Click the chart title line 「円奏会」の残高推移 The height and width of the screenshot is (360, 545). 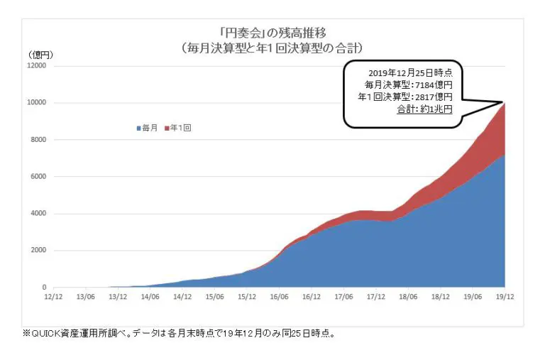click(273, 33)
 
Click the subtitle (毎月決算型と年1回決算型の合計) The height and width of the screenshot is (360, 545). click(273, 48)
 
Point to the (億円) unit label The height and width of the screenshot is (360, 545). click(40, 55)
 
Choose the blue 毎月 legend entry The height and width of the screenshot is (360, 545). click(147, 128)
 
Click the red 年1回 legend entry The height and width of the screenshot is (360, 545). click(178, 128)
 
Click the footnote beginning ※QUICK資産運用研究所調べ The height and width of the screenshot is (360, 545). click(188, 334)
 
